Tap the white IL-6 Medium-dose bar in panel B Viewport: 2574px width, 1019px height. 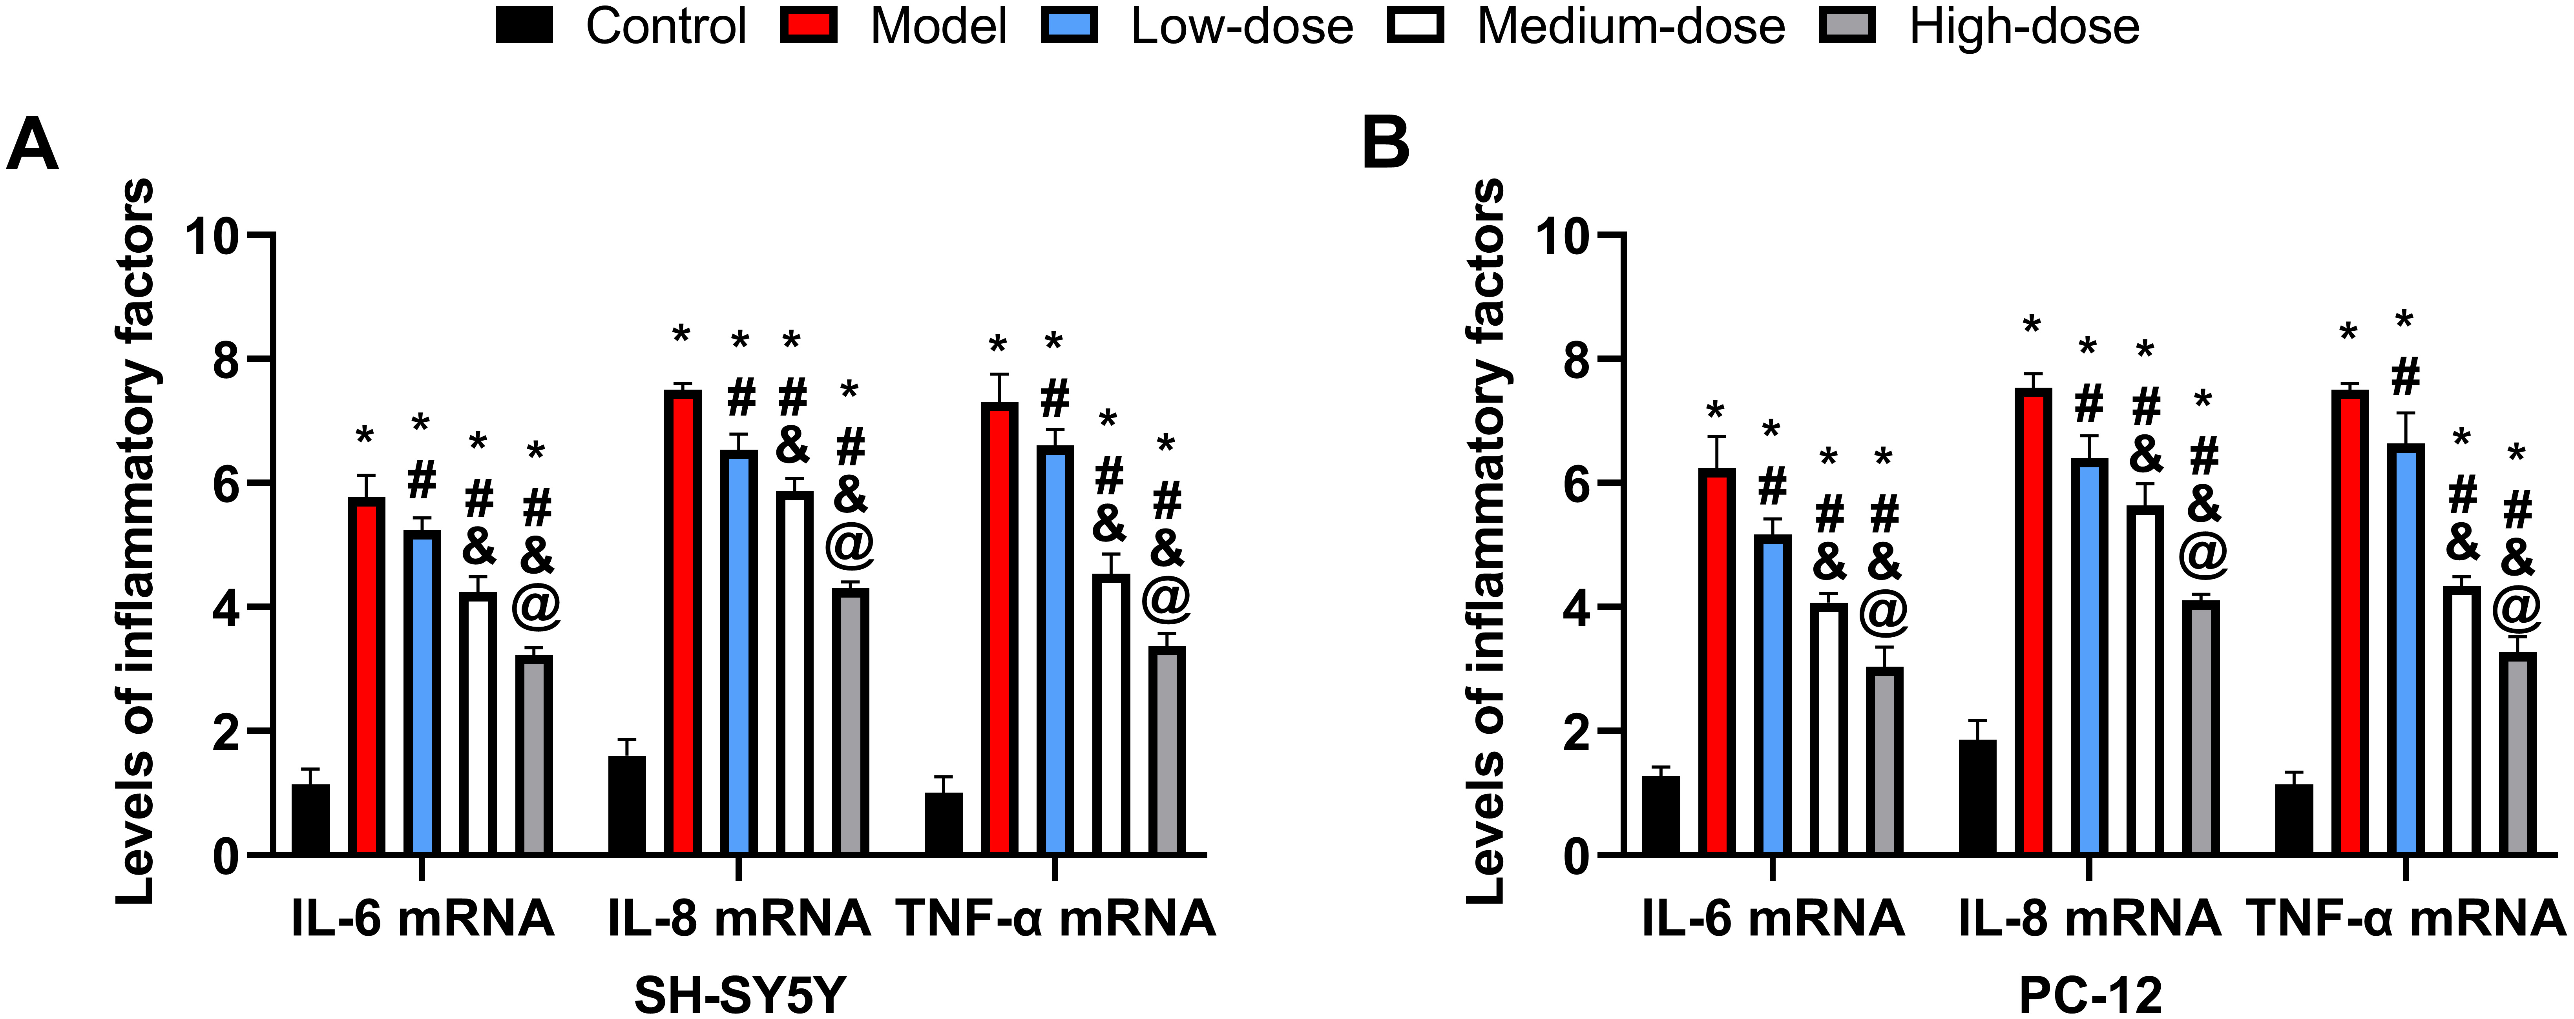click(x=1829, y=729)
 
